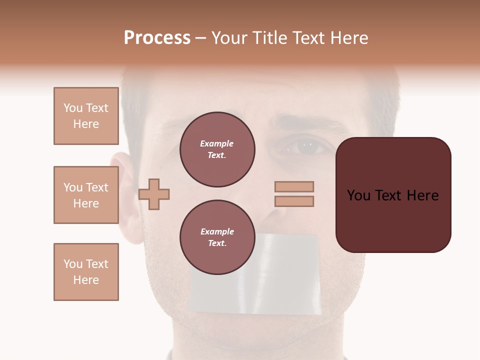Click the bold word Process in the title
(x=157, y=38)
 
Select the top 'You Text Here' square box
(x=86, y=116)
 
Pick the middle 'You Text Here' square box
(x=86, y=195)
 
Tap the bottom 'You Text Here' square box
(x=86, y=272)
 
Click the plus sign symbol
(x=154, y=193)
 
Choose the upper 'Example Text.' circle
(x=217, y=149)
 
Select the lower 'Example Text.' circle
(x=217, y=237)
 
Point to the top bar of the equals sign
(x=294, y=186)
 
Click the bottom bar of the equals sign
(x=294, y=201)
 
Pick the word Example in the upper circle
(x=216, y=144)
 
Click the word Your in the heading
(x=230, y=38)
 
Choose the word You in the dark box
(x=358, y=195)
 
